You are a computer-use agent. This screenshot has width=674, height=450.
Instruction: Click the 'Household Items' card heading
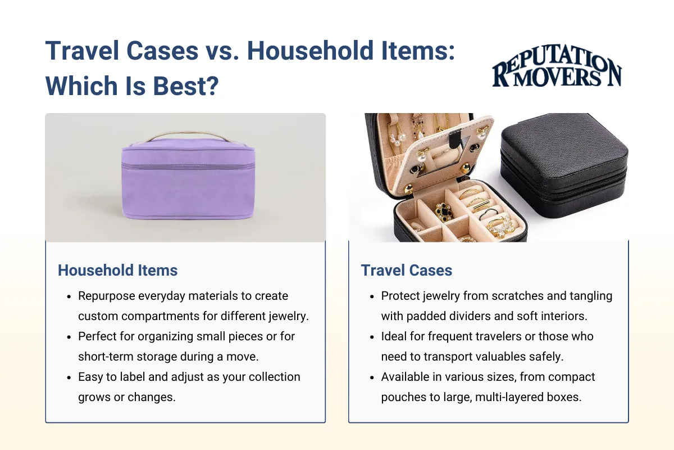pyautogui.click(x=117, y=270)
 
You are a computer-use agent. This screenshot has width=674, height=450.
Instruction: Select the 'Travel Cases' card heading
pyautogui.click(x=406, y=270)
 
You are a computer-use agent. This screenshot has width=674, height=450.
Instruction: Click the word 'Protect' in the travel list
pyautogui.click(x=400, y=296)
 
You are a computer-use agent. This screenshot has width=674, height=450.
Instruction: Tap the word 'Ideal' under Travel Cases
pyautogui.click(x=394, y=336)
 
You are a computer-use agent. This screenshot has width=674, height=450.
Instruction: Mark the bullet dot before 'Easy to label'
pyautogui.click(x=69, y=377)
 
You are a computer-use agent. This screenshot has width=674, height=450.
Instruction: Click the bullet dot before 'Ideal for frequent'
pyautogui.click(x=371, y=337)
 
